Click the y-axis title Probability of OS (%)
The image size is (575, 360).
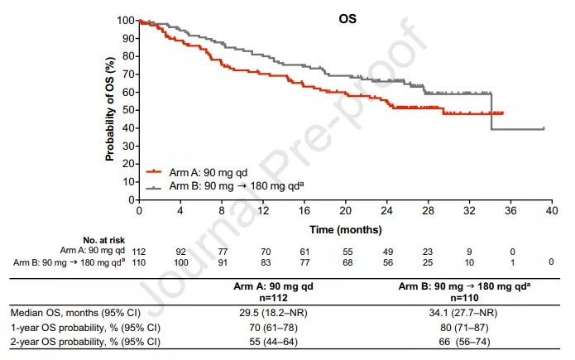click(108, 108)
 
